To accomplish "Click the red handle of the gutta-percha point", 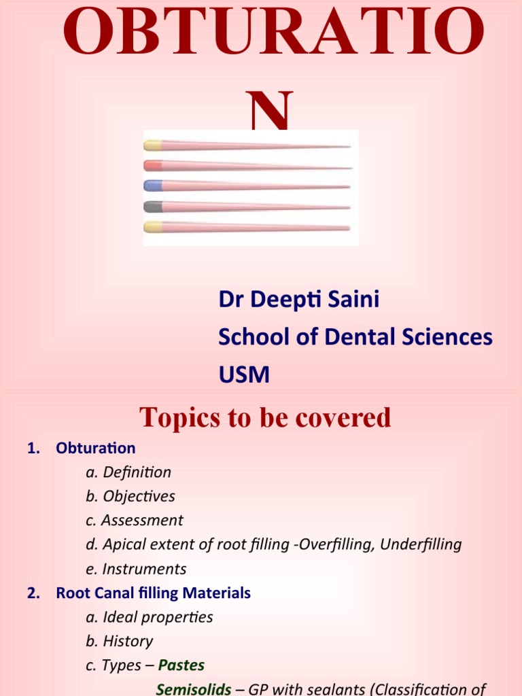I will pyautogui.click(x=153, y=165).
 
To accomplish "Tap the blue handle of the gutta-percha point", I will pyautogui.click(x=153, y=186).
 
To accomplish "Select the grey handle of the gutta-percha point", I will pyautogui.click(x=153, y=206).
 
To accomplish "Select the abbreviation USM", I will pyautogui.click(x=243, y=374).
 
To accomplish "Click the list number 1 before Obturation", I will pyautogui.click(x=32, y=448).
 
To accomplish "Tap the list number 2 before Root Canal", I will pyautogui.click(x=32, y=593).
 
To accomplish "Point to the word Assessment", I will pyautogui.click(x=142, y=521).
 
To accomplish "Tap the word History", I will pyautogui.click(x=128, y=641).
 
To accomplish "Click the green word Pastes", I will pyautogui.click(x=181, y=665).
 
